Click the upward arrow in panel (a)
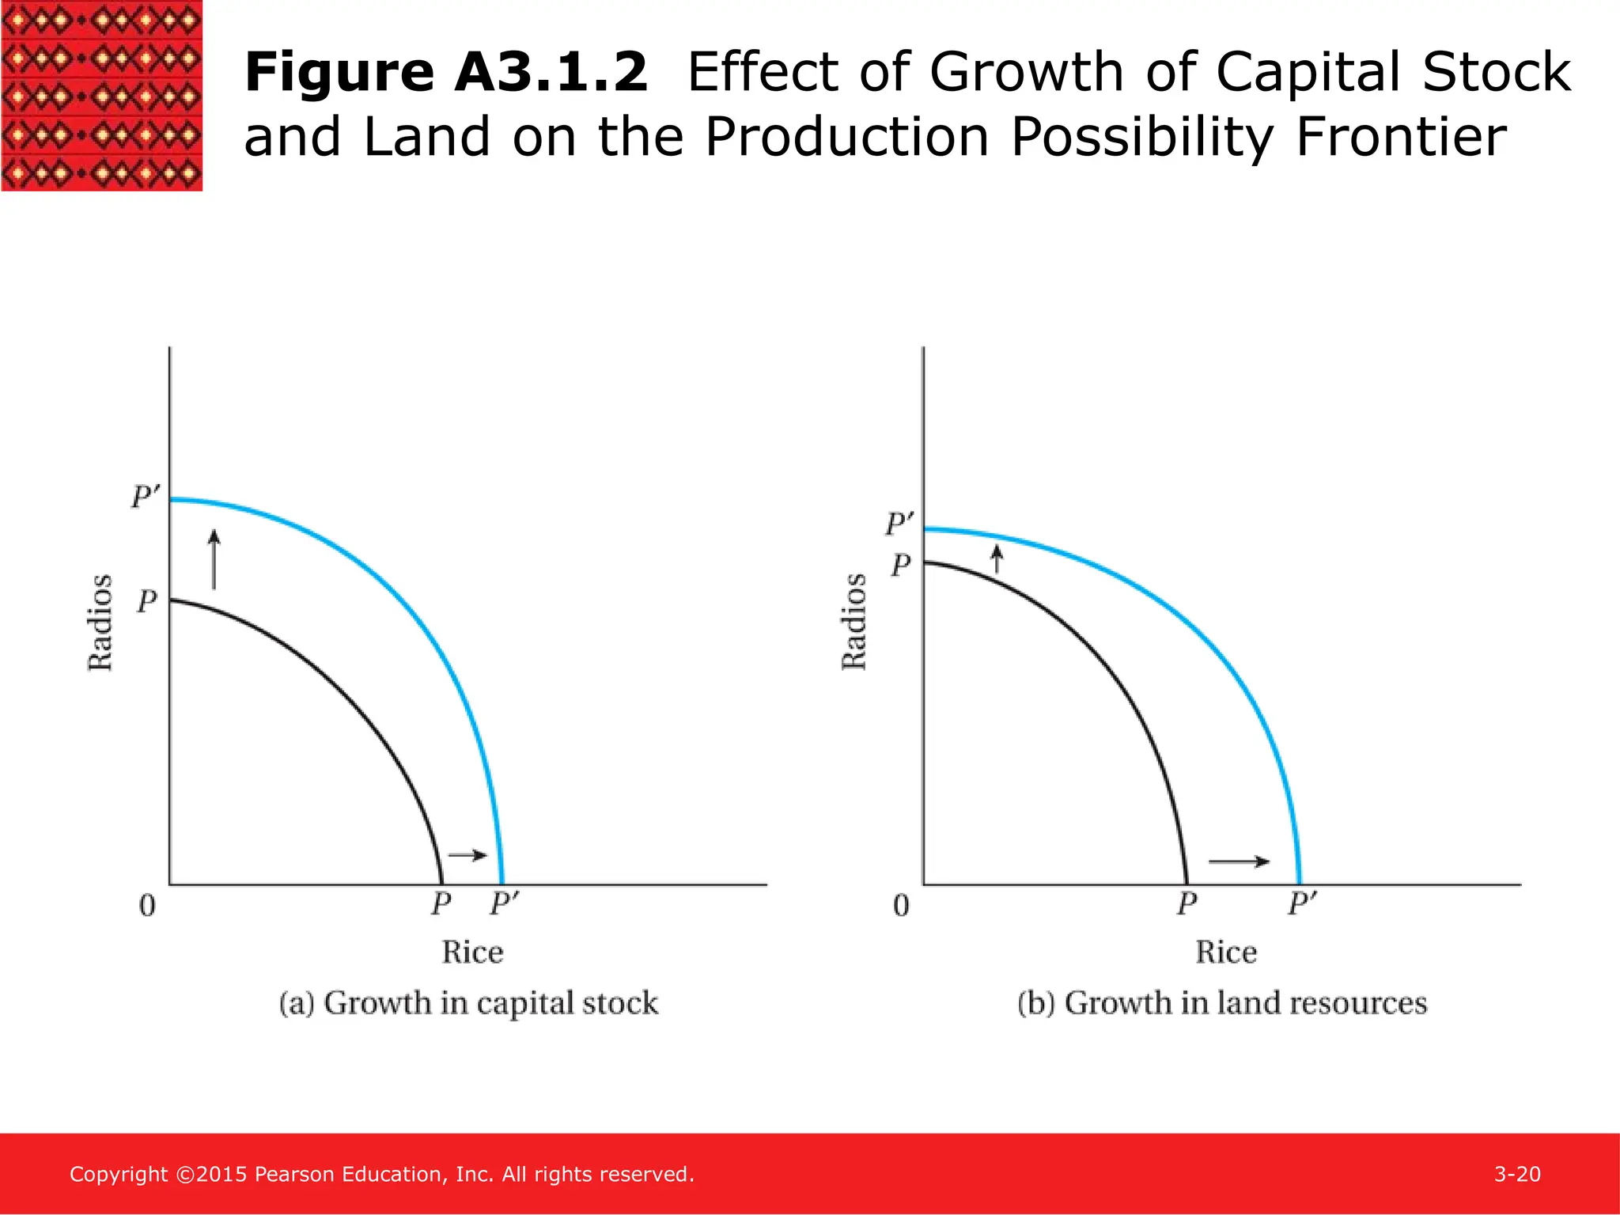[x=214, y=560]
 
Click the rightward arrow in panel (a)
[x=467, y=855]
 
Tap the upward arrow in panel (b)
[x=997, y=558]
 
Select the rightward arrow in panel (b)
[x=1240, y=861]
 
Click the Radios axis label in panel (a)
[x=100, y=623]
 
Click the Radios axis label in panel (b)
[x=854, y=623]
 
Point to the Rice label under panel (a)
[x=472, y=952]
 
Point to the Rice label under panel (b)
[x=1226, y=952]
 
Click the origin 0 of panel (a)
[x=147, y=906]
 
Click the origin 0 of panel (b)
[x=901, y=906]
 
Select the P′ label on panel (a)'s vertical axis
[x=146, y=498]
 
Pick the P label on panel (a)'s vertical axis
[x=147, y=602]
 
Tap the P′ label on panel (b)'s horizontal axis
[x=1302, y=903]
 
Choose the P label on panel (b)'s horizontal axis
[x=1187, y=903]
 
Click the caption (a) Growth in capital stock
[x=468, y=1003]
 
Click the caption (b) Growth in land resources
[x=1222, y=1003]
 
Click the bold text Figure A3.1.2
[x=446, y=72]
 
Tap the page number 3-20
[x=1517, y=1174]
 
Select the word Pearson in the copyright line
[x=294, y=1174]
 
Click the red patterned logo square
[x=101, y=95]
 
